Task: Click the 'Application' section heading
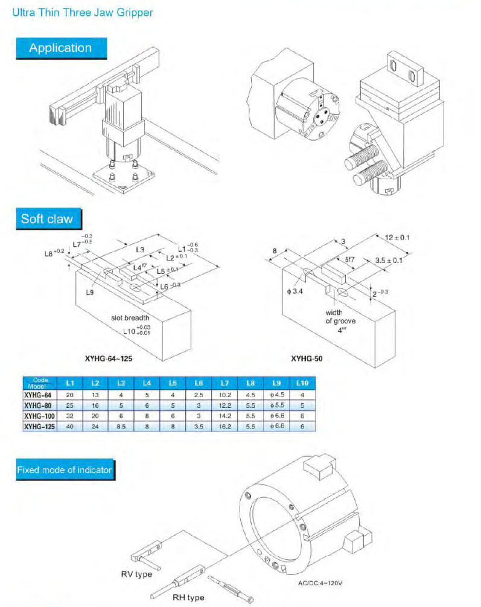60,48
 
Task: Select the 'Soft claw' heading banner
47,218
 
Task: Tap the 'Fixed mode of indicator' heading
64,469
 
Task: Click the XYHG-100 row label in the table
40,416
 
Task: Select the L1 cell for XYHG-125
69,426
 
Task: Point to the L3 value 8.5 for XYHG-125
121,426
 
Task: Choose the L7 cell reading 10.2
225,395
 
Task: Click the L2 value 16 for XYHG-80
95,405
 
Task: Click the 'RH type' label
188,597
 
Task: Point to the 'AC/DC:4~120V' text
326,583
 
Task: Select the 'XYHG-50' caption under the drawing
307,358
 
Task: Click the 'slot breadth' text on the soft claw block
130,318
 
